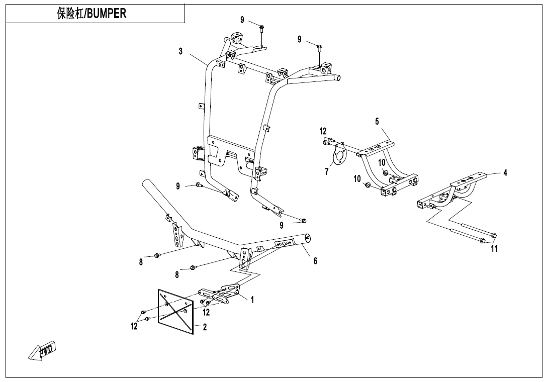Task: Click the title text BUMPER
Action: pyautogui.click(x=107, y=14)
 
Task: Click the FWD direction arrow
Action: pyautogui.click(x=43, y=350)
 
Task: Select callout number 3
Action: pyautogui.click(x=180, y=51)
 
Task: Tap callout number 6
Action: pyautogui.click(x=315, y=261)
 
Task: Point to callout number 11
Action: pyautogui.click(x=494, y=249)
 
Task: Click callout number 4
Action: pyautogui.click(x=505, y=172)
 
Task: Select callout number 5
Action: pyautogui.click(x=377, y=121)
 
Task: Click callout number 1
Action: pyautogui.click(x=252, y=300)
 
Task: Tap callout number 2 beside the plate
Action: pyautogui.click(x=205, y=327)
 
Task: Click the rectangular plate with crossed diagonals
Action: pyautogui.click(x=175, y=311)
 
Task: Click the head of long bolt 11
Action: pyautogui.click(x=493, y=235)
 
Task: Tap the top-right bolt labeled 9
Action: pyautogui.click(x=320, y=47)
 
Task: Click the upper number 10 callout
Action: pyautogui.click(x=382, y=162)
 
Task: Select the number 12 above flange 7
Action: pyautogui.click(x=323, y=131)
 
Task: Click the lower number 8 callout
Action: pyautogui.click(x=177, y=274)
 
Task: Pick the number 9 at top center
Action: pyautogui.click(x=242, y=20)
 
